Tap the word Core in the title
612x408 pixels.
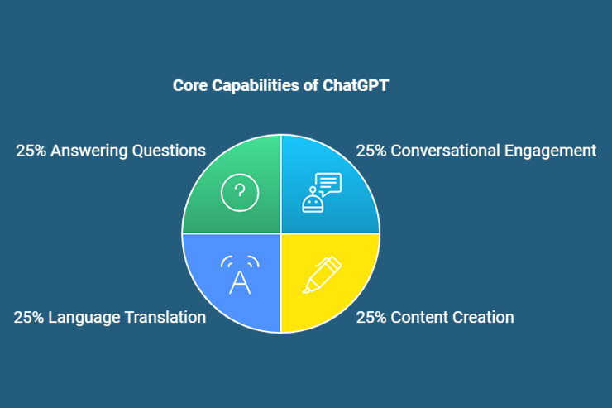[190, 85]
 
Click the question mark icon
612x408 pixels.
[240, 193]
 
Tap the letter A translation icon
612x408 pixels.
[240, 276]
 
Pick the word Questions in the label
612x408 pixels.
[170, 151]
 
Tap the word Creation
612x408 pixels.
[484, 317]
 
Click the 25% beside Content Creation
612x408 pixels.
[370, 317]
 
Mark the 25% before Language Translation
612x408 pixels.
[27, 317]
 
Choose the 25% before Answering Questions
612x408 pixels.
[30, 151]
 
